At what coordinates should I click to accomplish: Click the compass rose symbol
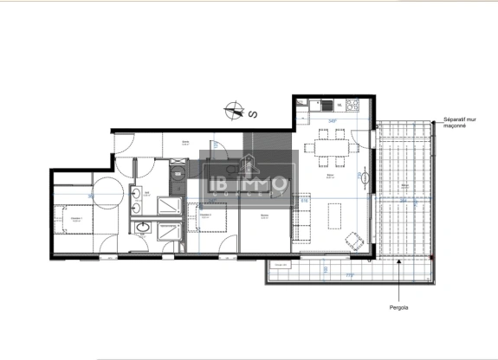[x=232, y=110]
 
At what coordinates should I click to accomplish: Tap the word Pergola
[x=399, y=305]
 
